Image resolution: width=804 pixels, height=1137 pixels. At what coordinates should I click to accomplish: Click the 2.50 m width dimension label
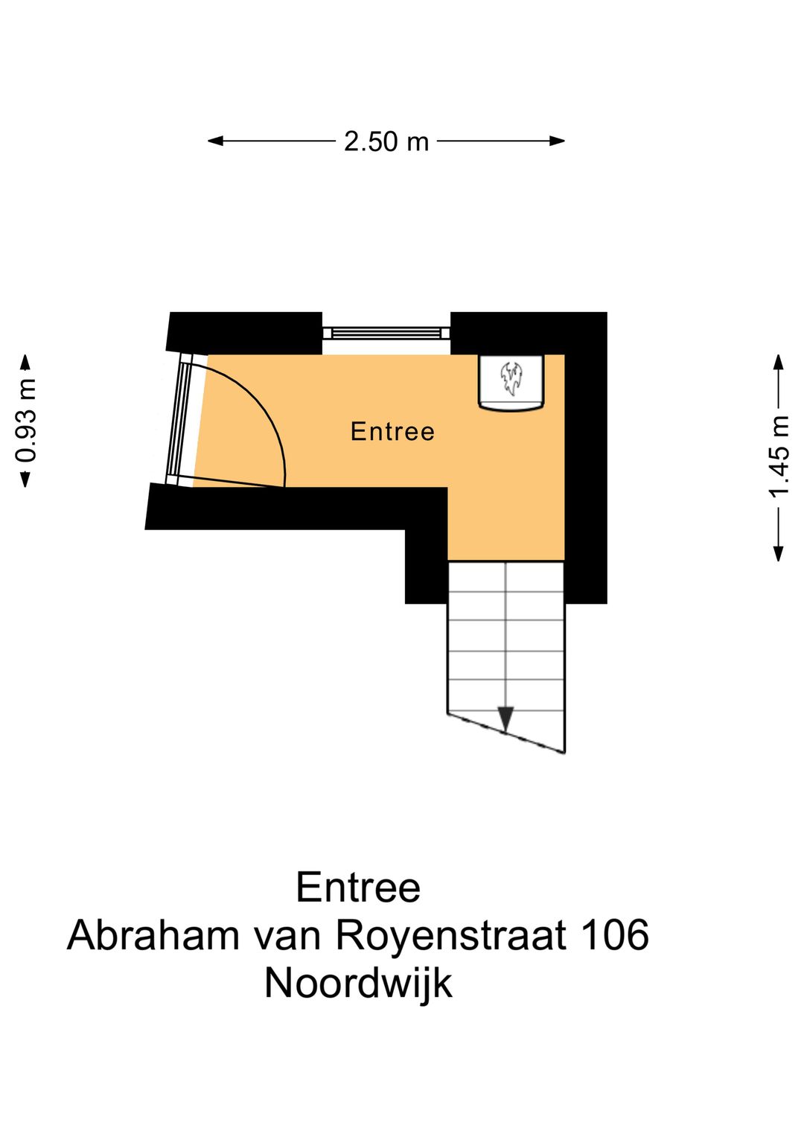click(386, 141)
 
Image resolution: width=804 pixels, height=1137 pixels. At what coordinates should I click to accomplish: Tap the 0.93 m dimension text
click(26, 421)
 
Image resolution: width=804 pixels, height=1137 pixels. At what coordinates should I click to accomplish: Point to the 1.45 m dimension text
click(779, 456)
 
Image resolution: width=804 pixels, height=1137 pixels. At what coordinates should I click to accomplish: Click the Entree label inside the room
click(392, 432)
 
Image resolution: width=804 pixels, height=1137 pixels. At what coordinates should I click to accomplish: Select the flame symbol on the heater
click(511, 378)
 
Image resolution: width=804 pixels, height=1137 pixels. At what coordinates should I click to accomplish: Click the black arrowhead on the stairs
click(506, 719)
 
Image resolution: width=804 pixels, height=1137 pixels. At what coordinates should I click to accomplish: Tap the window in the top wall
click(386, 333)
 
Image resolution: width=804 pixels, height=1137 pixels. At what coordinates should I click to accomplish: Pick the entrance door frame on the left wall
click(179, 419)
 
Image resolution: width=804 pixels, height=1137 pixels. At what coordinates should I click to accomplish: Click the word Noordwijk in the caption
click(358, 984)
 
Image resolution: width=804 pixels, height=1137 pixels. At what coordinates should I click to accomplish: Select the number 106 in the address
click(615, 935)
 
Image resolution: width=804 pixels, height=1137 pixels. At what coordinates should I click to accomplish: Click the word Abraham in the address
click(153, 935)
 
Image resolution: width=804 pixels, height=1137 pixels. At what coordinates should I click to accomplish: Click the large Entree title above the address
click(358, 888)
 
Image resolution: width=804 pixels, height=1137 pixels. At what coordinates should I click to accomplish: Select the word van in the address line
click(287, 936)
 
